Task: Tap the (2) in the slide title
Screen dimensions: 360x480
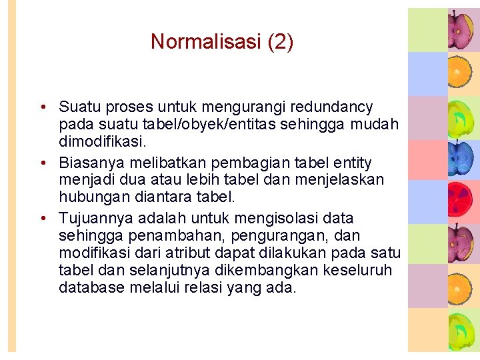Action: (x=280, y=42)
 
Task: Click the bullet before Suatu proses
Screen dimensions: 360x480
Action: (x=42, y=107)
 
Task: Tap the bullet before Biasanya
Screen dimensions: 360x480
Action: (x=42, y=163)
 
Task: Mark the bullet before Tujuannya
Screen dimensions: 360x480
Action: (x=42, y=219)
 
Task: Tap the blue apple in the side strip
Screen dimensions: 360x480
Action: (x=461, y=158)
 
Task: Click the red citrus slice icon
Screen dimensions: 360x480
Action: (x=461, y=201)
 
